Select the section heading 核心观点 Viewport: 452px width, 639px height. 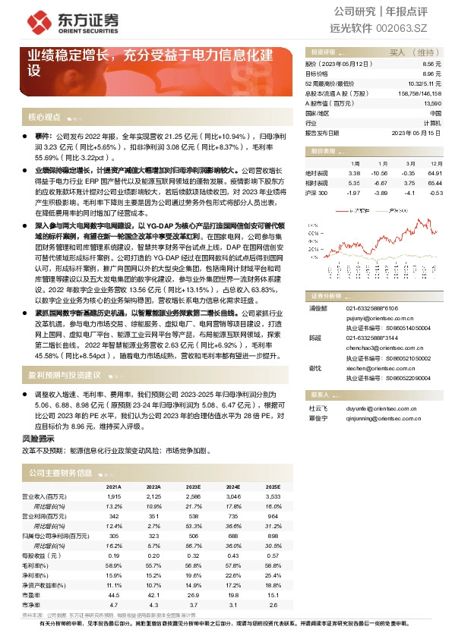point(44,118)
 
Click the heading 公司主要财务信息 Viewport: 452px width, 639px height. point(60,472)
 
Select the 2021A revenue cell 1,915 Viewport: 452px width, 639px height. point(114,496)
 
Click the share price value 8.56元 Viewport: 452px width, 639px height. point(431,65)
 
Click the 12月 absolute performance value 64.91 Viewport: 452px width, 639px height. point(435,173)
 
